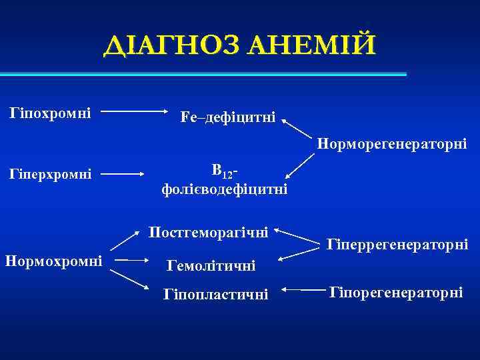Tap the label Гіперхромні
[x=51, y=175]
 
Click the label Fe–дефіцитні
[x=227, y=118]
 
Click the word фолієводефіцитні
[x=225, y=190]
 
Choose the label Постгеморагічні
[x=209, y=233]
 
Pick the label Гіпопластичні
[x=215, y=294]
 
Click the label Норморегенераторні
[x=392, y=143]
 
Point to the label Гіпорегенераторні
[x=397, y=293]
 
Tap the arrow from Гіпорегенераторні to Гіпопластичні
[x=303, y=291]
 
